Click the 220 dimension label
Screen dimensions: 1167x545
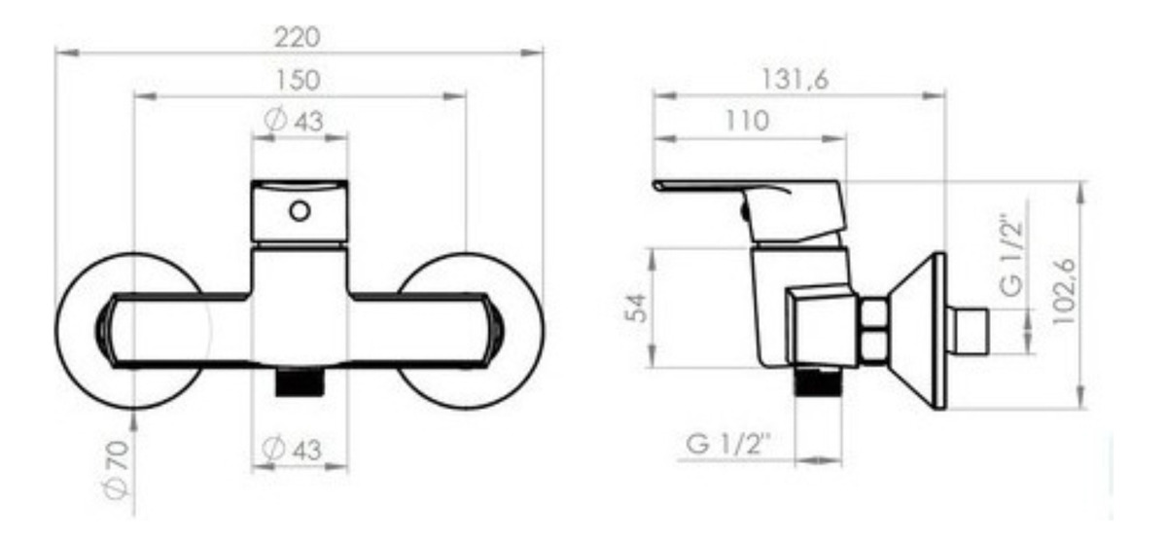coord(298,38)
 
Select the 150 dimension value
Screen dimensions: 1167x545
coord(298,81)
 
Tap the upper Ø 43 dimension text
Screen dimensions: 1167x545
coord(294,122)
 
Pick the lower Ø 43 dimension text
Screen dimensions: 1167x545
coord(292,450)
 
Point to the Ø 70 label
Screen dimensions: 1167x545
coord(116,469)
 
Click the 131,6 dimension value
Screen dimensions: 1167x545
coord(796,80)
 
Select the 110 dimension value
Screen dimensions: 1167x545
coord(747,121)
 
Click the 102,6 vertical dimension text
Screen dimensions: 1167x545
coord(1064,291)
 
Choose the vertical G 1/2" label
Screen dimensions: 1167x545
coord(1012,256)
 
